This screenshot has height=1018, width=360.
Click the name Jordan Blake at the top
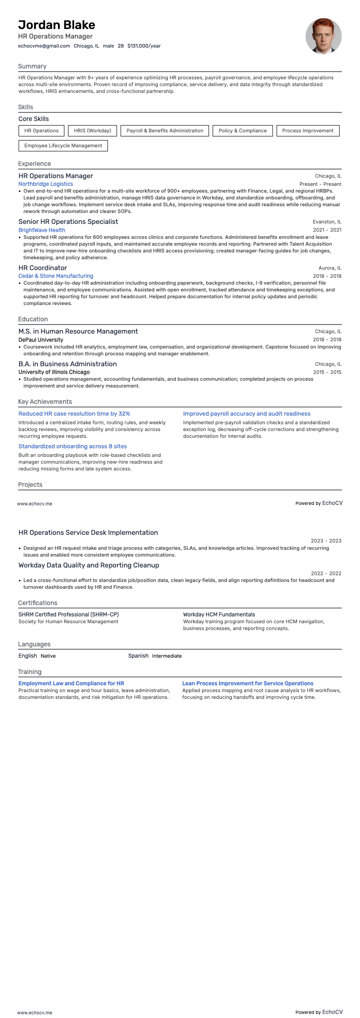pyautogui.click(x=57, y=25)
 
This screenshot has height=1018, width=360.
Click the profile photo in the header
pyautogui.click(x=323, y=36)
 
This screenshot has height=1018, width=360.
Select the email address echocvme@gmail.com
pyautogui.click(x=44, y=46)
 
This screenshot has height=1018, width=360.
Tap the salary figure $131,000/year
pyautogui.click(x=144, y=46)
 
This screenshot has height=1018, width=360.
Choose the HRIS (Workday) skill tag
pyautogui.click(x=92, y=131)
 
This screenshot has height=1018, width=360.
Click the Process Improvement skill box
pyautogui.click(x=307, y=131)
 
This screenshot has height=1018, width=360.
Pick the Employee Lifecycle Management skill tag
pyautogui.click(x=63, y=145)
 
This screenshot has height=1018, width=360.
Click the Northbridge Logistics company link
pyautogui.click(x=45, y=184)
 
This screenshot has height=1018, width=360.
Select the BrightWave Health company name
pyautogui.click(x=42, y=230)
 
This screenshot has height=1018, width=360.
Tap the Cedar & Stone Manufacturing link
pyautogui.click(x=56, y=276)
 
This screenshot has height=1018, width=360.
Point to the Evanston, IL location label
pyautogui.click(x=327, y=222)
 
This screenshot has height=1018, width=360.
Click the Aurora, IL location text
pyautogui.click(x=330, y=268)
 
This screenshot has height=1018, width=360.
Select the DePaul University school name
pyautogui.click(x=41, y=339)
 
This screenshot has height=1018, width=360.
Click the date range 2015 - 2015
pyautogui.click(x=327, y=372)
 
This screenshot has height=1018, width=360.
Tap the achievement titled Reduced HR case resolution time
pyautogui.click(x=74, y=414)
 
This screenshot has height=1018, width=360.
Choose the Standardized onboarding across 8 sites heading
pyautogui.click(x=73, y=446)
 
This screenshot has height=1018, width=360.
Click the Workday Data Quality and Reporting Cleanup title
pyautogui.click(x=89, y=565)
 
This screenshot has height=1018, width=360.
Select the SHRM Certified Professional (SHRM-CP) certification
pyautogui.click(x=68, y=615)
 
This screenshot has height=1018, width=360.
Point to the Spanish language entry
pyautogui.click(x=138, y=656)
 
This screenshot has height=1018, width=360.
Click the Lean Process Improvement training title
pyautogui.click(x=248, y=684)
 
